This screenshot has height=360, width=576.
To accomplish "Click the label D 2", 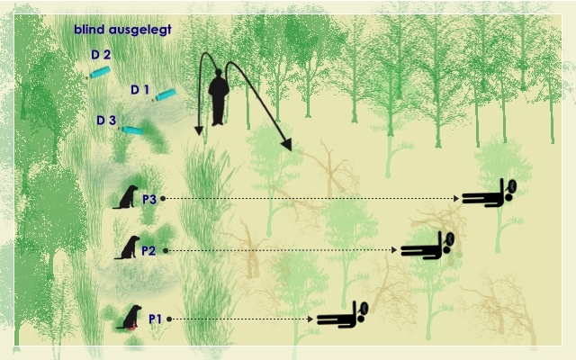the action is [x=101, y=55].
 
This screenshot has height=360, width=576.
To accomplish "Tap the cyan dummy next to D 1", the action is [x=165, y=94].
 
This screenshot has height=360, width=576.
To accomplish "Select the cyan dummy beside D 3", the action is [x=132, y=130].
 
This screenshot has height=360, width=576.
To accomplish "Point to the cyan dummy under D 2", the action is [x=100, y=72].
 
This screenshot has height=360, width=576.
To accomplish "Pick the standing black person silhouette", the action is [x=219, y=97].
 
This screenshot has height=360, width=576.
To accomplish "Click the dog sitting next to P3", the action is [x=126, y=197].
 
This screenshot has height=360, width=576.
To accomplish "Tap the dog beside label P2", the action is [x=128, y=247].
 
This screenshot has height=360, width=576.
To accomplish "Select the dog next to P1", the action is [x=130, y=317].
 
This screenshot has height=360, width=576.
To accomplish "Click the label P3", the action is [x=149, y=199].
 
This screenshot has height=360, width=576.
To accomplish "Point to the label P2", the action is [x=148, y=250].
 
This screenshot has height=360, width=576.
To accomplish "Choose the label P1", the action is [x=156, y=319].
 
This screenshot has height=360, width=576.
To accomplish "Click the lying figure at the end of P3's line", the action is [x=489, y=193].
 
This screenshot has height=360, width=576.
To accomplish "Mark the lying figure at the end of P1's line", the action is [x=342, y=315].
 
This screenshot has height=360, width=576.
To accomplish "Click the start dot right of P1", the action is [x=169, y=319].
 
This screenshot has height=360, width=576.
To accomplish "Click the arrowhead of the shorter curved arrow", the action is [x=199, y=130].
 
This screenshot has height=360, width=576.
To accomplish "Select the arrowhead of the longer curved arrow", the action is [x=286, y=145].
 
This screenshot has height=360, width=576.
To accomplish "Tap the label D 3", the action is [x=106, y=120].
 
